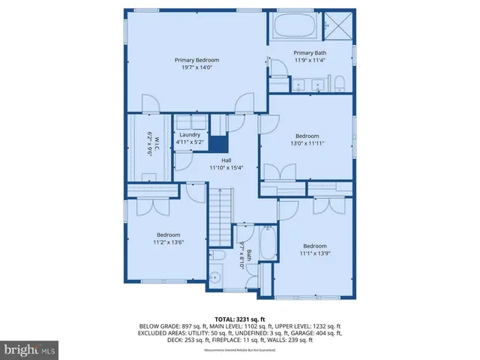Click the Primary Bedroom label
[196, 60]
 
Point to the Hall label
[225, 160]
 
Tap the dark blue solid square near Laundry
[217, 145]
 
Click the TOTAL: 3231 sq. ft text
[240, 319]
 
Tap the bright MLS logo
[30, 349]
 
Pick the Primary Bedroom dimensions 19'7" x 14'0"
[196, 67]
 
